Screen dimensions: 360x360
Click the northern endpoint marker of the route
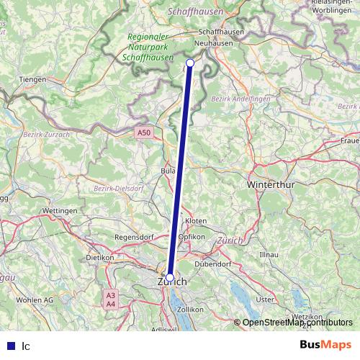pos(190,63)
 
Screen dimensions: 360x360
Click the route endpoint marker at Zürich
pos(170,277)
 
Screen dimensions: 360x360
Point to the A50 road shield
pos(145,132)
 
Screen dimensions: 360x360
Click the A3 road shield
pos(110,295)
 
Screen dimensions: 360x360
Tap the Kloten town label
pos(196,220)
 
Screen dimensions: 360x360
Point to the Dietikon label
pos(100,257)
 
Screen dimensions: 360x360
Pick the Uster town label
pos(266,299)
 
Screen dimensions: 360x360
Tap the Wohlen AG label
pos(35,299)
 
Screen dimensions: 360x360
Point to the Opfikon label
pos(193,236)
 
